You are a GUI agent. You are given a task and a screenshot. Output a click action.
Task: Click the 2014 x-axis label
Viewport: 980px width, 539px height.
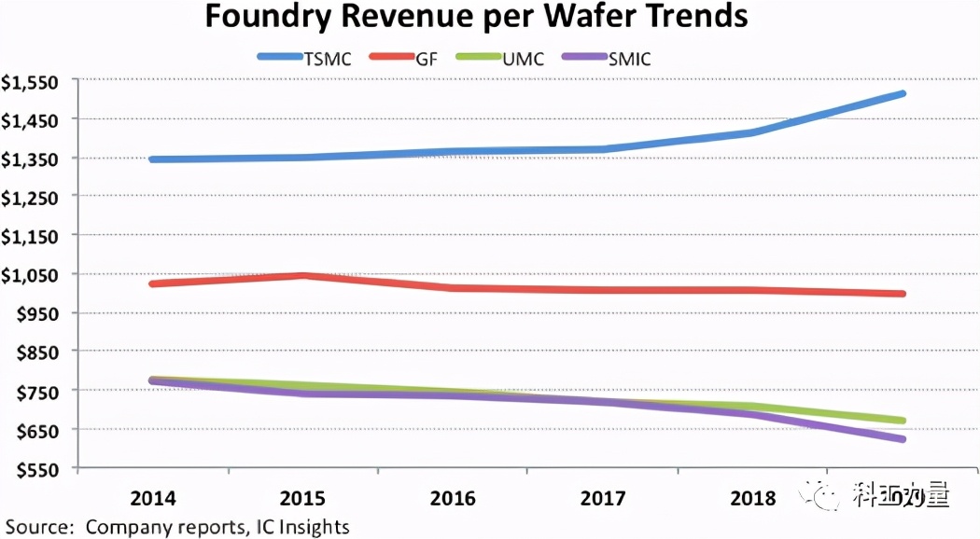click(153, 498)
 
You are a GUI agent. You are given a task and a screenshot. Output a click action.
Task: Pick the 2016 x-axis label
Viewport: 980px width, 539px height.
click(453, 498)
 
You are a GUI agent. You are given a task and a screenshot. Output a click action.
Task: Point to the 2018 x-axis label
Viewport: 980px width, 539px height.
click(752, 498)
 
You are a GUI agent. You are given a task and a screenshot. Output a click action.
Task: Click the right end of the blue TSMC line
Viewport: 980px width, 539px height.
click(903, 93)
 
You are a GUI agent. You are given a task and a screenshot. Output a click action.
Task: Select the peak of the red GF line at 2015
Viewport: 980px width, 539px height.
click(303, 275)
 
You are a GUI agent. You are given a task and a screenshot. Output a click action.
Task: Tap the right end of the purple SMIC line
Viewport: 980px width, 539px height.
click(903, 439)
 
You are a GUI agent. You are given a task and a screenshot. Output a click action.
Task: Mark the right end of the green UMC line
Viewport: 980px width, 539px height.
click(903, 421)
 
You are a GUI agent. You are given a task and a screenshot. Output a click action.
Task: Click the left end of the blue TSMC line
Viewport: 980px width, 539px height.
click(152, 159)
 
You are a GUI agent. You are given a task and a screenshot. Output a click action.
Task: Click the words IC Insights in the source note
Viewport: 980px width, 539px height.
click(301, 527)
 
